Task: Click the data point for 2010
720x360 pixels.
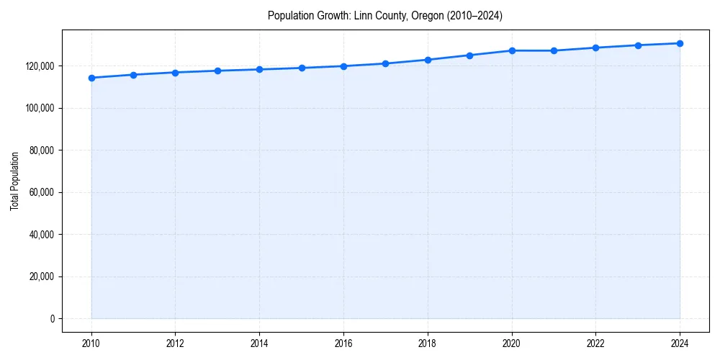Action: (x=91, y=78)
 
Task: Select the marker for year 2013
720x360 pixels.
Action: (x=217, y=71)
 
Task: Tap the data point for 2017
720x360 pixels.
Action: (x=385, y=63)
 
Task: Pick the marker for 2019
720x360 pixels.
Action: (x=469, y=55)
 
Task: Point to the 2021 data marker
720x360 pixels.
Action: (x=554, y=50)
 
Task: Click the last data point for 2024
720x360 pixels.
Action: (x=680, y=43)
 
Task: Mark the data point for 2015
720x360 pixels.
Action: (x=302, y=68)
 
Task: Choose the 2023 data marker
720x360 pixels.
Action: (x=638, y=45)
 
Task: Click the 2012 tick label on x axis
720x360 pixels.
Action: (x=175, y=343)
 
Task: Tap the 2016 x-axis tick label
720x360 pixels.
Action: (x=343, y=343)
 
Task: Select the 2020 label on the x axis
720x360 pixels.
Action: (x=512, y=343)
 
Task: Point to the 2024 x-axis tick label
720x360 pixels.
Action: (x=680, y=343)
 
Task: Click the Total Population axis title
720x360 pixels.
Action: (x=14, y=181)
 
